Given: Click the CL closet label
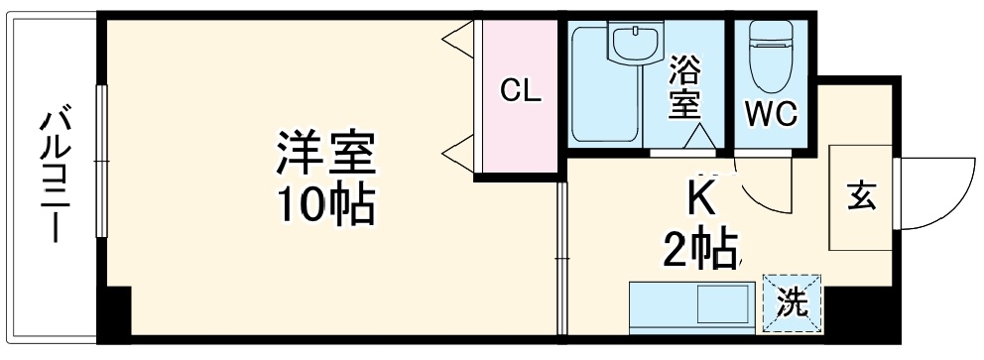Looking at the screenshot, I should pyautogui.click(x=520, y=92).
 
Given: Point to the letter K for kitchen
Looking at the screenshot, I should pyautogui.click(x=701, y=198).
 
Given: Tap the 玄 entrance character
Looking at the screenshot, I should pyautogui.click(x=860, y=196).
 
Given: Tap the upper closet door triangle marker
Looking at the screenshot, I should pyautogui.click(x=458, y=41).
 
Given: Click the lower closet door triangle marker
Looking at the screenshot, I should pyautogui.click(x=458, y=155).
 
